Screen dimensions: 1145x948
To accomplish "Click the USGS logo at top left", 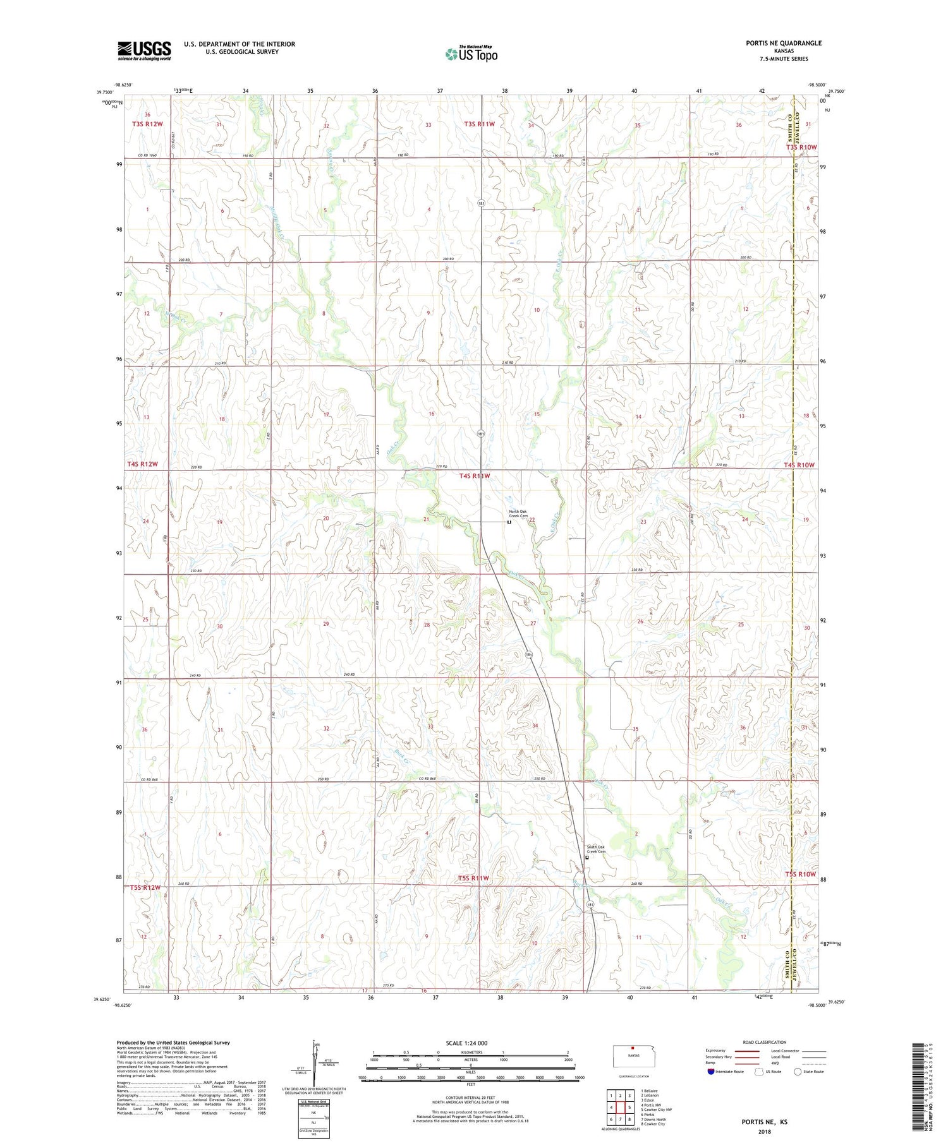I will tap(144, 51).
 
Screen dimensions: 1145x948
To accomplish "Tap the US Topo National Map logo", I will tap(471, 54).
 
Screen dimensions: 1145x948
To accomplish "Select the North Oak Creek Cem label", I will tap(518, 513).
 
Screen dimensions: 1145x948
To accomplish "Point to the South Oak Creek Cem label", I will tap(596, 849).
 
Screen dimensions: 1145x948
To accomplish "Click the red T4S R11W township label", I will tap(474, 476).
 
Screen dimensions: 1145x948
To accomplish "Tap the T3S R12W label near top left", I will tap(147, 124).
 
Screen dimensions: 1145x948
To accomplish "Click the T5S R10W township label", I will tap(800, 874).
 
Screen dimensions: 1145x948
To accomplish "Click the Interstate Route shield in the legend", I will tap(711, 1072).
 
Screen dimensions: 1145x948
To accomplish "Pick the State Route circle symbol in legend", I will tap(798, 1072).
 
